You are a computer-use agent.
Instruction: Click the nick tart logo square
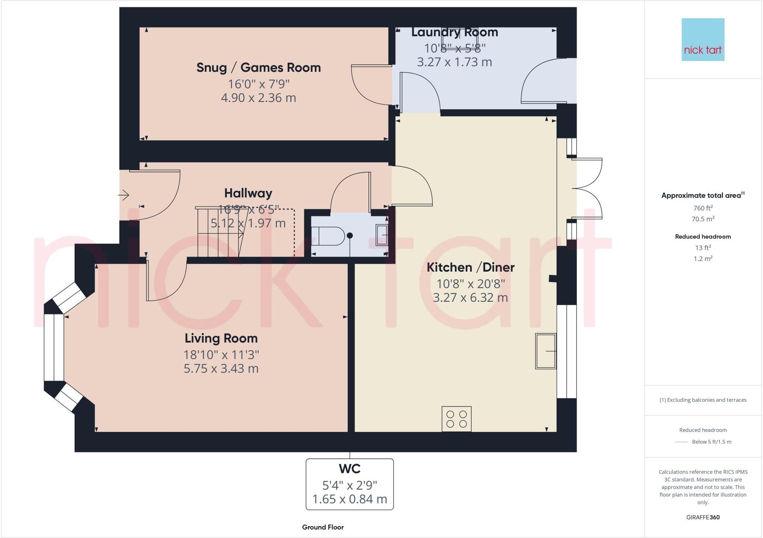(703, 39)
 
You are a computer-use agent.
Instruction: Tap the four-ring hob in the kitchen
(456, 419)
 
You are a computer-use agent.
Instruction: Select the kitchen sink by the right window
(545, 351)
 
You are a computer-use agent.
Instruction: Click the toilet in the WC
(331, 236)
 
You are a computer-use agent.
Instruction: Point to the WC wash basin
(381, 235)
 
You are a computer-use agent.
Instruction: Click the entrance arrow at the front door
(124, 195)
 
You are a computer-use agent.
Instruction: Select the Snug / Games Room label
(259, 68)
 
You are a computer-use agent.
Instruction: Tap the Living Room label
(221, 338)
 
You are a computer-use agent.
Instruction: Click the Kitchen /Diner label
(471, 267)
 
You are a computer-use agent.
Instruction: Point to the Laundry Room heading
(455, 32)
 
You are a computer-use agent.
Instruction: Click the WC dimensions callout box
(349, 484)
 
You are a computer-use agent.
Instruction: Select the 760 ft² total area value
(703, 208)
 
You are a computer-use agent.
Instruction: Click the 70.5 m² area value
(703, 219)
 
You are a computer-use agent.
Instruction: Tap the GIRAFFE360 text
(703, 517)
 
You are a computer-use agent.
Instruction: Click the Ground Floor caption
(323, 527)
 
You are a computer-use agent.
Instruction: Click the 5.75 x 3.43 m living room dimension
(221, 368)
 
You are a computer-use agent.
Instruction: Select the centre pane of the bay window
(54, 348)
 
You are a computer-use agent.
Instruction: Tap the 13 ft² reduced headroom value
(703, 247)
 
